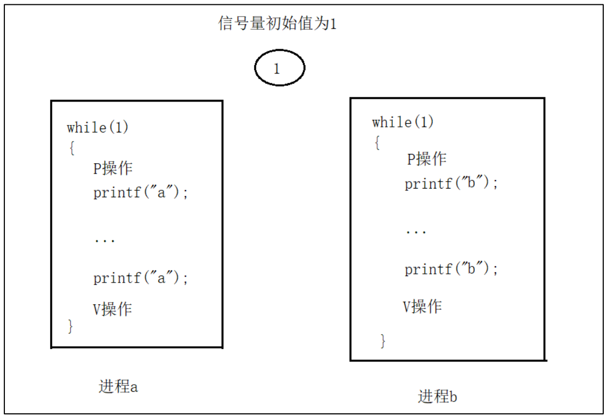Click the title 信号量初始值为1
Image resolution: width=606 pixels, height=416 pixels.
(x=277, y=24)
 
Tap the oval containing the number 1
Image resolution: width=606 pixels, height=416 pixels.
(x=280, y=68)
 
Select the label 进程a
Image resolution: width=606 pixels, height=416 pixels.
(x=118, y=386)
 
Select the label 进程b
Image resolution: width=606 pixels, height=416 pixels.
(x=438, y=396)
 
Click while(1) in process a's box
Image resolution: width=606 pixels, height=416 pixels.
(x=98, y=128)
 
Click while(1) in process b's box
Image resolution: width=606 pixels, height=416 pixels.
(x=403, y=122)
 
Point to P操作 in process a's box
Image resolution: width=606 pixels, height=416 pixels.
(x=113, y=168)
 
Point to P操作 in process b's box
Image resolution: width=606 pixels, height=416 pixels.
(x=426, y=159)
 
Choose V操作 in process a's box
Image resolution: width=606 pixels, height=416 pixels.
(x=112, y=309)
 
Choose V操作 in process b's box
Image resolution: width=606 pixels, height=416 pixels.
(x=422, y=306)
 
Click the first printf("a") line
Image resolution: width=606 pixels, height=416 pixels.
(x=141, y=192)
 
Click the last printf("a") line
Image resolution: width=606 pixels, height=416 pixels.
(x=141, y=278)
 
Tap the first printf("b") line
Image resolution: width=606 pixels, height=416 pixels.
(x=451, y=183)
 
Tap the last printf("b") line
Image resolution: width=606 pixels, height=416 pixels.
(x=451, y=269)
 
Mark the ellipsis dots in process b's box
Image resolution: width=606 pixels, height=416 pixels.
(x=416, y=232)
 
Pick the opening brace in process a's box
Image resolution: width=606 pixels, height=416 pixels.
(x=71, y=147)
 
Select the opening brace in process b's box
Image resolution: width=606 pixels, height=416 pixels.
(x=377, y=143)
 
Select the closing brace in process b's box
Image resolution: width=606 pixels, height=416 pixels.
(x=383, y=340)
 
